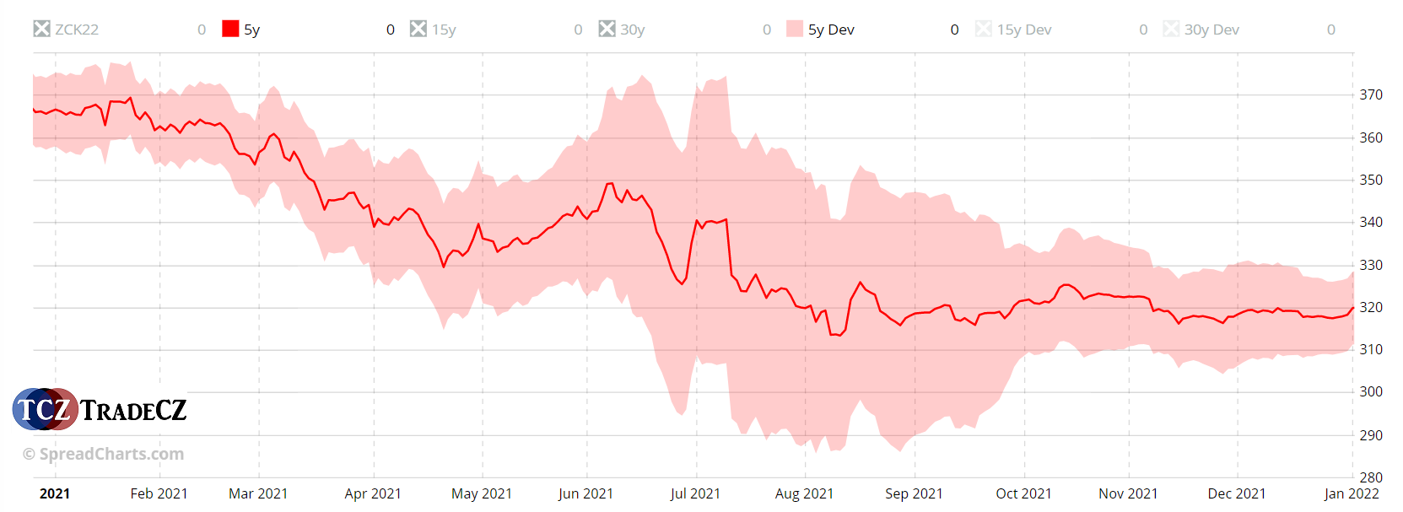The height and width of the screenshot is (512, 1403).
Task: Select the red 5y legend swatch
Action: click(x=230, y=29)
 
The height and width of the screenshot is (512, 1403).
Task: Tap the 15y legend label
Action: click(x=444, y=30)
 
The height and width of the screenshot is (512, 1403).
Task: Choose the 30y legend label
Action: click(x=632, y=30)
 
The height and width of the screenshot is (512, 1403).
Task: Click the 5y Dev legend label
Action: click(x=831, y=30)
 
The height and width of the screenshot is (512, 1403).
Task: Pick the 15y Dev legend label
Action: click(x=1024, y=30)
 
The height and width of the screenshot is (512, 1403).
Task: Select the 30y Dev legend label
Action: click(x=1211, y=30)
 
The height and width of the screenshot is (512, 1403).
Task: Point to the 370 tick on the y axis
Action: click(x=1371, y=94)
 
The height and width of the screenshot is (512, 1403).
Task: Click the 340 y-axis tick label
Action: click(x=1371, y=222)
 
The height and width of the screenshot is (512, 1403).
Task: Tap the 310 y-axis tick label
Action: click(x=1371, y=349)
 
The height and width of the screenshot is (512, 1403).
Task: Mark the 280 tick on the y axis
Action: click(x=1371, y=477)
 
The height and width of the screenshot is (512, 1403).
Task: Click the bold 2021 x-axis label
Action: click(x=55, y=493)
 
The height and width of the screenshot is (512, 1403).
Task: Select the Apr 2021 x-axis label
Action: click(x=373, y=493)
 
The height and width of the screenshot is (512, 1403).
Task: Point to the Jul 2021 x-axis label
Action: click(x=695, y=493)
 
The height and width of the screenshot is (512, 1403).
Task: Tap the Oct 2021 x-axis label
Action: click(x=1023, y=493)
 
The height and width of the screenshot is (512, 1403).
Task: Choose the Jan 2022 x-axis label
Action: click(x=1352, y=493)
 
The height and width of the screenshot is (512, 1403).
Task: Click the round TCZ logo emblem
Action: click(x=45, y=410)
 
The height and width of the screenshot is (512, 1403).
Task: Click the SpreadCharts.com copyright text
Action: click(x=103, y=454)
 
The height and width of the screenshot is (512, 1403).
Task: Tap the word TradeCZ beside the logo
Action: click(x=133, y=411)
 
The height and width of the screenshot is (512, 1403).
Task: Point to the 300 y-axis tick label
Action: click(x=1371, y=391)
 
